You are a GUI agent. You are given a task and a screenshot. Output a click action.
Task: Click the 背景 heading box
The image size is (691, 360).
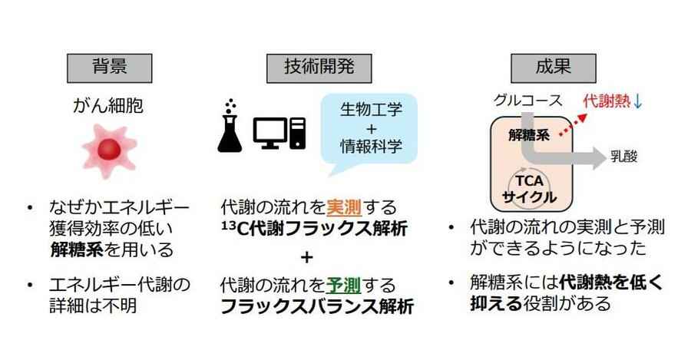109,68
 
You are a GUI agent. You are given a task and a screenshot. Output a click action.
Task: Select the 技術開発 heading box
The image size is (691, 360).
319,68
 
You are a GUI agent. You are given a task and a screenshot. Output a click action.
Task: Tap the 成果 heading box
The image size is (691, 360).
553,68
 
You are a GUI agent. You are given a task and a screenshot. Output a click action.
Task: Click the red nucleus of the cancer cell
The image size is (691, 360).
109,149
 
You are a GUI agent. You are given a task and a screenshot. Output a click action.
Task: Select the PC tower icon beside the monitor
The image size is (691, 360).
297,133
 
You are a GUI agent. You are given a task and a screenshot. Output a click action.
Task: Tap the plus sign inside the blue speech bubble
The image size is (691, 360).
371,128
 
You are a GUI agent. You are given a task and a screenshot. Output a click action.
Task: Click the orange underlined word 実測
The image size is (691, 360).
344,207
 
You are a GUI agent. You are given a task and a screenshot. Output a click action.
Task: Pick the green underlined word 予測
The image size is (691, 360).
344,286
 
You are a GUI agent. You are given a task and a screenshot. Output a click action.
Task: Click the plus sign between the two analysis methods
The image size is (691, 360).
306,257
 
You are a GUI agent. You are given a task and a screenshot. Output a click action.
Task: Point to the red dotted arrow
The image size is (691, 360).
574,124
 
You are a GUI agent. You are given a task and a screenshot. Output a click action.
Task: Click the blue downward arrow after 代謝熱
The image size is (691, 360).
638,102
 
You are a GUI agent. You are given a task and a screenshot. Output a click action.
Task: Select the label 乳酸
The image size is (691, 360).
624,157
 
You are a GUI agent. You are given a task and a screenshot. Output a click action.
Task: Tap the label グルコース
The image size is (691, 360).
528,101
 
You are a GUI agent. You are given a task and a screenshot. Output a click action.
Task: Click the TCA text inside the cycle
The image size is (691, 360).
529,180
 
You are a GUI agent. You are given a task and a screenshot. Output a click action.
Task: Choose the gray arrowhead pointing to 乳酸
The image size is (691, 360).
600,158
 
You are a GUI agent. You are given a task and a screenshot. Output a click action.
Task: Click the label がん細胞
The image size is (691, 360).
108,106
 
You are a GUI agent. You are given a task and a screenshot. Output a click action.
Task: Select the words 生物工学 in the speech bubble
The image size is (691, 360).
371,110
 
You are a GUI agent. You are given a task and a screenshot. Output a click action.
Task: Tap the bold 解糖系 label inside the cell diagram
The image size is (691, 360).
529,135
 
